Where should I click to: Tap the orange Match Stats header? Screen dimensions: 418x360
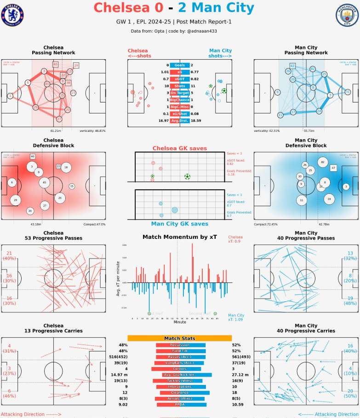point(179,338)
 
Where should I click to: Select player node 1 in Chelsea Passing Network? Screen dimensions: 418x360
point(10,96)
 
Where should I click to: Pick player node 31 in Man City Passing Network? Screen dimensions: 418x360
point(348,92)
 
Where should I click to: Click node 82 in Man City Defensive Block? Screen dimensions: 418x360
point(323,162)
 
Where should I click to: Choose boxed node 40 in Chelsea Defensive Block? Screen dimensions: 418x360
point(33,157)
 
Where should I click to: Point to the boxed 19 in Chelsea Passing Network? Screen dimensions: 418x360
point(76,66)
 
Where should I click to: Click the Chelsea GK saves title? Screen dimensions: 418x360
point(179,148)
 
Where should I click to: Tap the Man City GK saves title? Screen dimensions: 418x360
point(179,224)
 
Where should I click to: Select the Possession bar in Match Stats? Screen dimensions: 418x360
point(179,345)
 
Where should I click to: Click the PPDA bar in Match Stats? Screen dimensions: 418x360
point(179,404)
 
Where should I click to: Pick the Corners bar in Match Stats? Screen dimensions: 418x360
point(179,368)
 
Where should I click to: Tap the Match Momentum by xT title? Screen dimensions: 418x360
point(179,237)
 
